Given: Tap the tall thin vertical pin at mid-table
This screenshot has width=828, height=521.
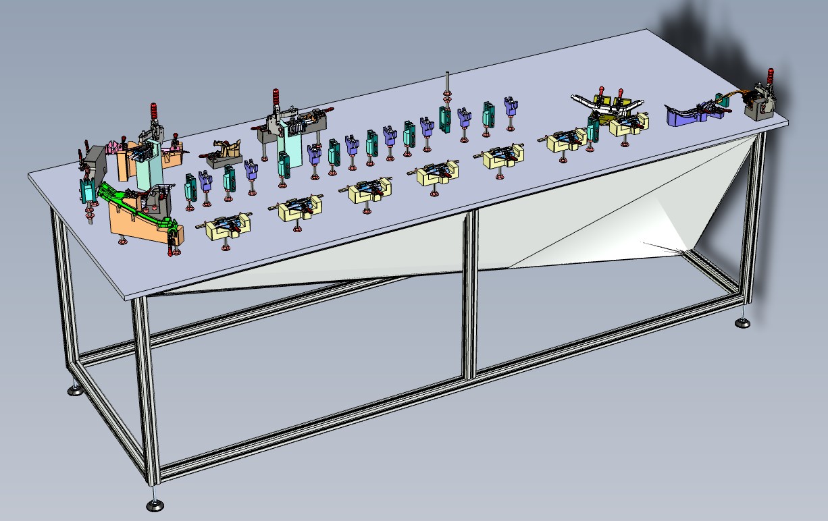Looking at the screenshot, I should click(x=447, y=84).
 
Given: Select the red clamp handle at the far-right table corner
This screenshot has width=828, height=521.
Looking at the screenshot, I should click(x=770, y=76).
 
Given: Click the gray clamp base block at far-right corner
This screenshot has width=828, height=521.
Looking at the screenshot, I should click(x=760, y=107).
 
